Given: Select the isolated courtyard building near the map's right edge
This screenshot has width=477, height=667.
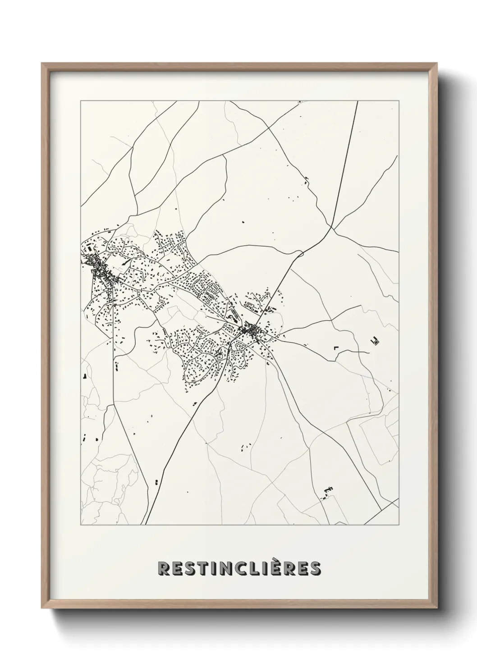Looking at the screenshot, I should click(x=375, y=341).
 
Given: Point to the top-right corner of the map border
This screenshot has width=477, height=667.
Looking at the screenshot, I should click(x=399, y=101).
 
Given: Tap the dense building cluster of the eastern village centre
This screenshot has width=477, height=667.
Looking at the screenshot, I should click(x=249, y=331).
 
